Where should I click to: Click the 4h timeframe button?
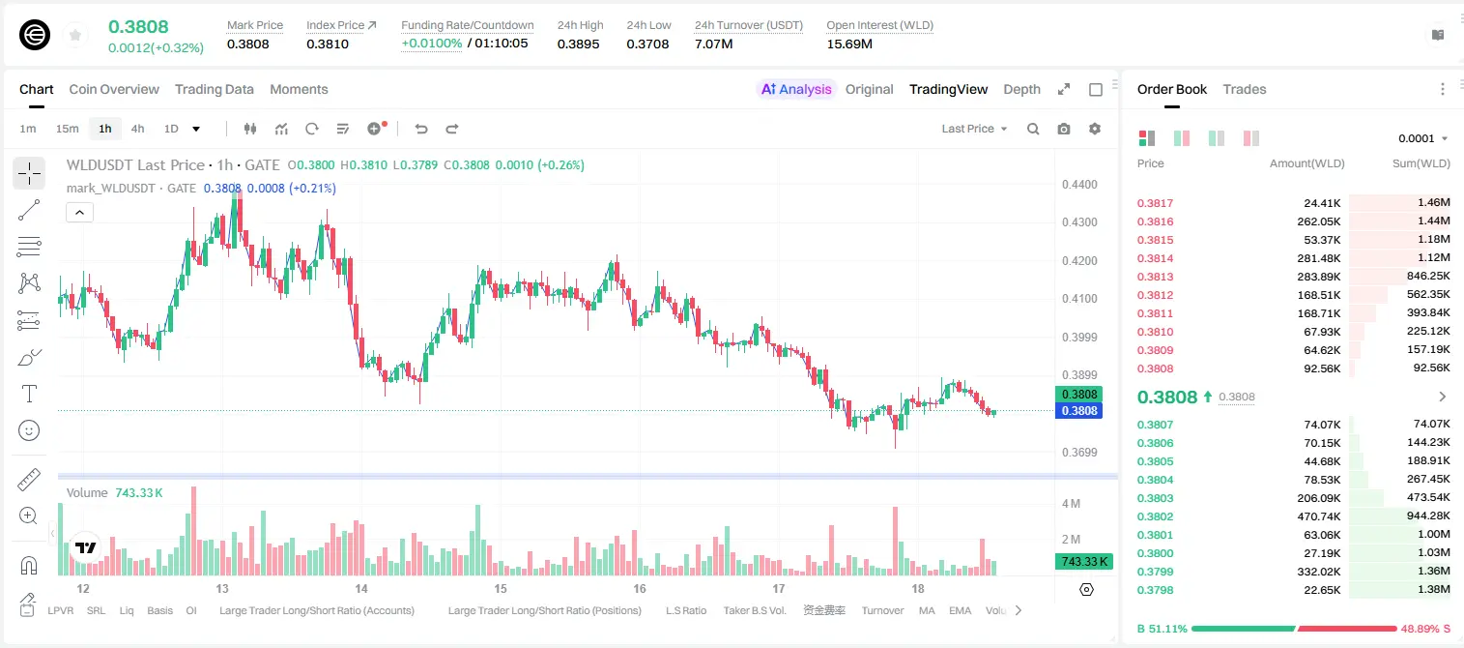tap(137, 129)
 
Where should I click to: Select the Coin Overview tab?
tap(114, 89)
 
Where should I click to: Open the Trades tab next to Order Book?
tap(1245, 89)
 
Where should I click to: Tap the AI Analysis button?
tap(796, 89)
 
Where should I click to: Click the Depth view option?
tap(1021, 89)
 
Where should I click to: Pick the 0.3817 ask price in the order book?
tap(1155, 203)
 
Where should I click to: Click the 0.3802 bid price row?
tap(1155, 516)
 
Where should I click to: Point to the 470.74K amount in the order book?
tap(1318, 516)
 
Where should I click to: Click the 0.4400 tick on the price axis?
tap(1079, 185)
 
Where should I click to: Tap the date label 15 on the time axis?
tap(500, 588)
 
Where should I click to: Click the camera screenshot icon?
tap(1064, 129)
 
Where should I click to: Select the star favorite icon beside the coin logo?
tap(75, 35)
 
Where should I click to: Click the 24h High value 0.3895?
tap(579, 44)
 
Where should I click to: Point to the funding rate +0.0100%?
tap(431, 44)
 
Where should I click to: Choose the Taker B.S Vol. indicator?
tap(754, 610)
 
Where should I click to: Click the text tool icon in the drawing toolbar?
tap(29, 394)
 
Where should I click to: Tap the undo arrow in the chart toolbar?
tap(421, 129)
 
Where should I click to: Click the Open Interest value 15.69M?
tap(849, 44)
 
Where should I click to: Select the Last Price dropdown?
tap(974, 129)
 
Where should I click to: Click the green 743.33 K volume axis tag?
tap(1083, 562)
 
